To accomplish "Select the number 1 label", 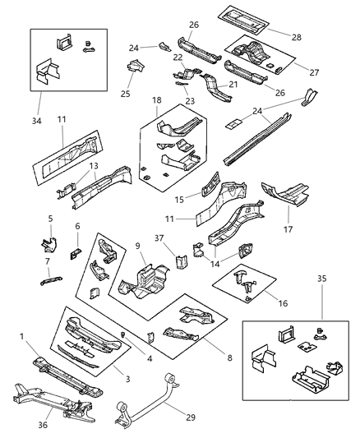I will (21, 337).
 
